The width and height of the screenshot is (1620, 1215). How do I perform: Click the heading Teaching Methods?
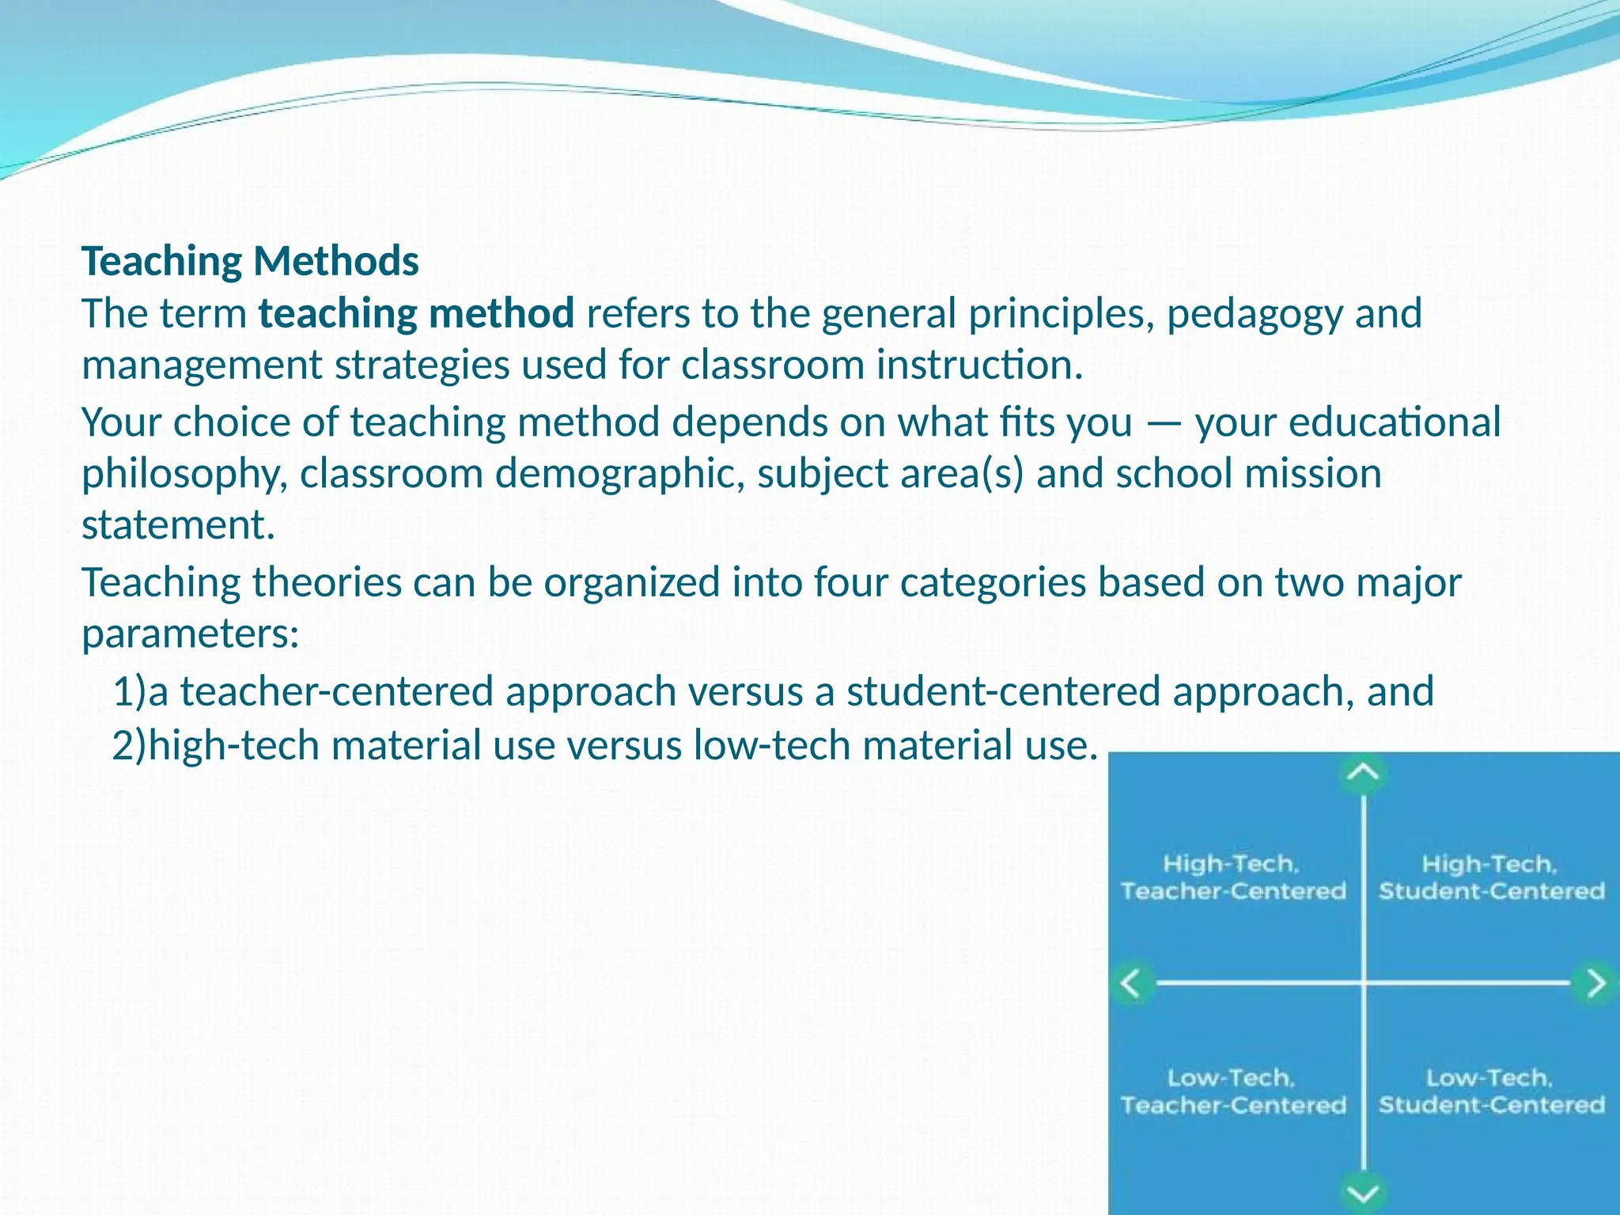click(250, 261)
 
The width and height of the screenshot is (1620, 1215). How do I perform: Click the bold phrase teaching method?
click(416, 313)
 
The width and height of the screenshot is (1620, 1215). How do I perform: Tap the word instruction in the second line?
click(978, 365)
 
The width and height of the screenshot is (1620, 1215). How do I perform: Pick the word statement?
click(178, 524)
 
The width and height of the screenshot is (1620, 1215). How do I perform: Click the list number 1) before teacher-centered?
click(130, 691)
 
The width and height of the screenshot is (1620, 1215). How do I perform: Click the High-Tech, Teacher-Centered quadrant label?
click(1232, 877)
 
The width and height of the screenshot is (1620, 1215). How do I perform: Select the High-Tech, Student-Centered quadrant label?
click(1491, 877)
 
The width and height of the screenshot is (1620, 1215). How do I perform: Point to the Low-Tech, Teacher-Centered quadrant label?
click(1232, 1091)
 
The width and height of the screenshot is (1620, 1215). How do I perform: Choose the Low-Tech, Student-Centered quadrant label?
click(1491, 1091)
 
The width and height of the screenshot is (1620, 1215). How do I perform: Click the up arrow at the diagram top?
click(1363, 773)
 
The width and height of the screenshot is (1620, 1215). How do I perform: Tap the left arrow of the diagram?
click(1132, 983)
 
